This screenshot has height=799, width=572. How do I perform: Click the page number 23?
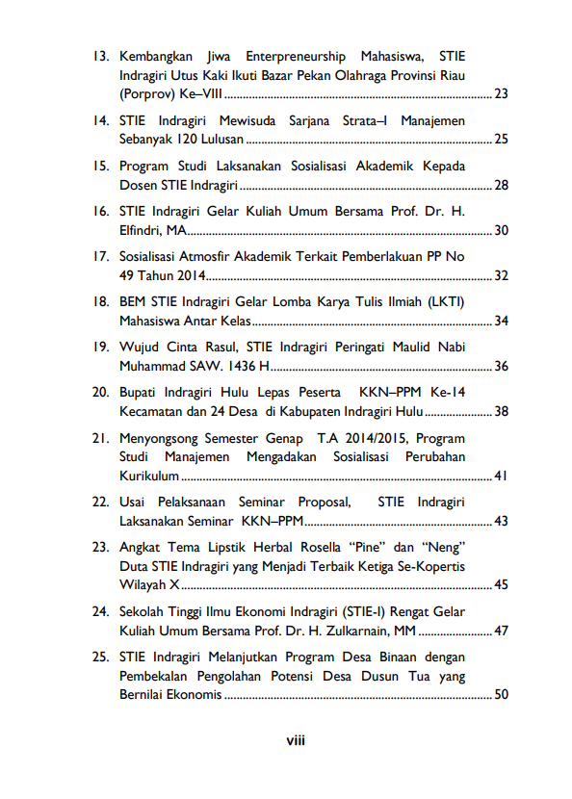(501, 94)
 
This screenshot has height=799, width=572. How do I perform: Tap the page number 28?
(501, 185)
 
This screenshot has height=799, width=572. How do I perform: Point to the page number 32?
(501, 276)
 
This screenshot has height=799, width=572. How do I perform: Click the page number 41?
(501, 477)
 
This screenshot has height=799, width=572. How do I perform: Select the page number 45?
(501, 584)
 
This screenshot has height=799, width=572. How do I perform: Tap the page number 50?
(501, 694)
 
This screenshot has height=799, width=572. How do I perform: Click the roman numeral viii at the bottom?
(295, 741)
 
